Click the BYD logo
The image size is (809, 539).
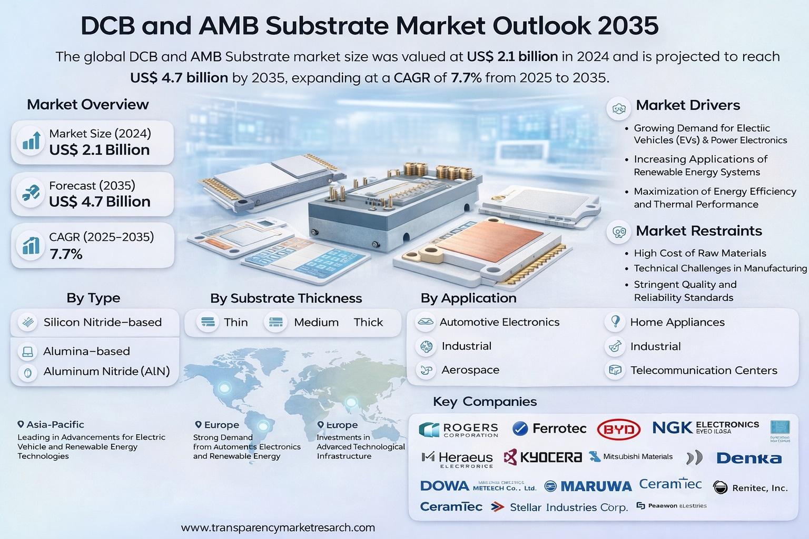619,430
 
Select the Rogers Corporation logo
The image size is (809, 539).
459,430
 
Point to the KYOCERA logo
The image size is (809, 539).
543,457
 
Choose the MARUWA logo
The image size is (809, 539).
588,486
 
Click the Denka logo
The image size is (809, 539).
748,458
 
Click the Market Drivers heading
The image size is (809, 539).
688,105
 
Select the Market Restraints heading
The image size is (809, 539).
698,231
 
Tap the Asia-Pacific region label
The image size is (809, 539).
55,424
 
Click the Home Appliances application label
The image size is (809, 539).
677,322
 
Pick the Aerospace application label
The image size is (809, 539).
470,370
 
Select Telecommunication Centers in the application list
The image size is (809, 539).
704,371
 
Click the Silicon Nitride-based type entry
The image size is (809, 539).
102,322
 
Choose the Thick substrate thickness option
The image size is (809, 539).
368,322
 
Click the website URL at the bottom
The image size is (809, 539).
278,527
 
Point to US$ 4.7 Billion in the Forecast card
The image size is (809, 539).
100,202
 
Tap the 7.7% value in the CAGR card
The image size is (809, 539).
66,255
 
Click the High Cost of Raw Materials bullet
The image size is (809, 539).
699,253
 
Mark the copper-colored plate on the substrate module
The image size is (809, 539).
489,242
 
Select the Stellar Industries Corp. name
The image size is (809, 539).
569,507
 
